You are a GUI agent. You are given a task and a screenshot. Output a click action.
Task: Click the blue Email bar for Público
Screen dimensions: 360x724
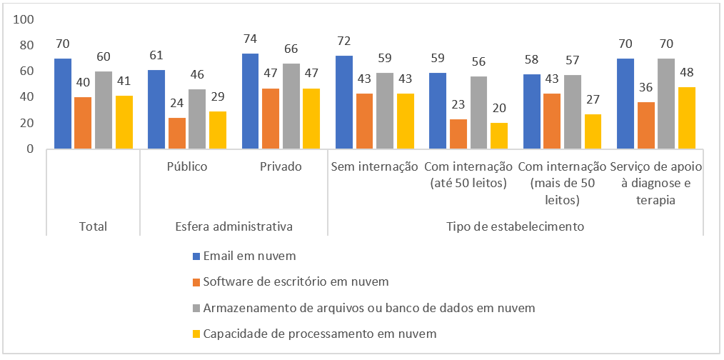[x=156, y=109]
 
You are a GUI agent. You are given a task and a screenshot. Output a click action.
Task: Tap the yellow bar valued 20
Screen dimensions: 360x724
[x=499, y=136]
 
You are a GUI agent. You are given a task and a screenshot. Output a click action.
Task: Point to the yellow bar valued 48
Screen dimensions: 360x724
[x=687, y=118]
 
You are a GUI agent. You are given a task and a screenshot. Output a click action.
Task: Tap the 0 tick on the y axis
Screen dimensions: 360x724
[x=30, y=149]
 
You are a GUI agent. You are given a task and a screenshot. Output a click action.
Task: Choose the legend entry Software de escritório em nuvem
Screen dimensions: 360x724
[x=296, y=281]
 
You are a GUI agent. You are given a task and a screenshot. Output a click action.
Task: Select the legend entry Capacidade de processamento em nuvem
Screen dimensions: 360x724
[x=319, y=334]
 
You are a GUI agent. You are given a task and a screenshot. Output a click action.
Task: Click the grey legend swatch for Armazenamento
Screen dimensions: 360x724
[x=197, y=308]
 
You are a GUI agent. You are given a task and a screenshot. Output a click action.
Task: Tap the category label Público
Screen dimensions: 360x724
[x=187, y=167]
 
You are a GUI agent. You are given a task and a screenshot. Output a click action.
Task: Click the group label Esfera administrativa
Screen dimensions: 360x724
[x=233, y=226]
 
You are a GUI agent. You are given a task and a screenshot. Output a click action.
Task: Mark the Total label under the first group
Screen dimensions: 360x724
[x=93, y=226]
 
